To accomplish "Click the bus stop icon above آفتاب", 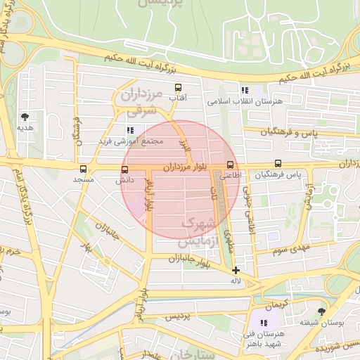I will click(178, 88).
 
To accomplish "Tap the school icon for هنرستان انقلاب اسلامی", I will click(245, 90).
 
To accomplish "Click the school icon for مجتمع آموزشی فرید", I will click(130, 130).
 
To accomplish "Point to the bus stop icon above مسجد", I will click(83, 169).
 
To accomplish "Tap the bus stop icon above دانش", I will click(125, 169).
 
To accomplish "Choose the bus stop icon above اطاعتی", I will click(230, 165).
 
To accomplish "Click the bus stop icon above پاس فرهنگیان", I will click(278, 164).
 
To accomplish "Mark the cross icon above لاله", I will click(236, 270).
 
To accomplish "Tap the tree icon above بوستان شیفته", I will click(321, 311).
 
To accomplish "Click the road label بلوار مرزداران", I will click(187, 168).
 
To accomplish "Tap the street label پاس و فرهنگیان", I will click(290, 132).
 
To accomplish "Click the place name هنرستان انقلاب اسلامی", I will click(244, 101).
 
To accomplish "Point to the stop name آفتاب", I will click(178, 98).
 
